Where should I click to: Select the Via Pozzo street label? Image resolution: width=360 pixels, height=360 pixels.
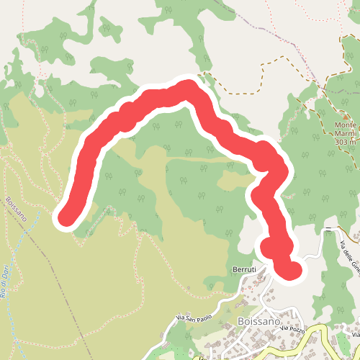[x=294, y=329]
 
